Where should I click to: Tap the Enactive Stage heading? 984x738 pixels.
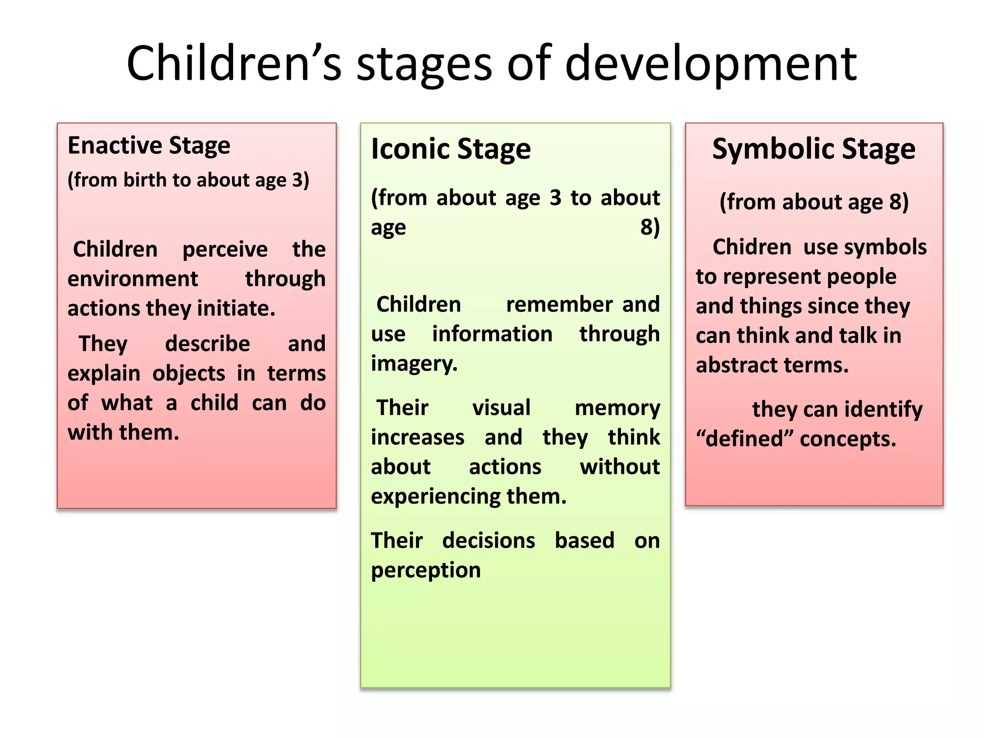tap(149, 146)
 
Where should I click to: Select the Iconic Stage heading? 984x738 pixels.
tap(451, 149)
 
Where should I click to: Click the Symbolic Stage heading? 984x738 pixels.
tap(813, 149)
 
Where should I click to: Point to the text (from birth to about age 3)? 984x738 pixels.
tap(188, 180)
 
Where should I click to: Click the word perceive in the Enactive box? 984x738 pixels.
tap(225, 249)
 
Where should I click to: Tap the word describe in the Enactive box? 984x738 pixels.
tap(207, 344)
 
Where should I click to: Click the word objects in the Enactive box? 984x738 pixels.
tap(189, 374)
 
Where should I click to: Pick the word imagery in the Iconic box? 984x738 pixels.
tap(414, 364)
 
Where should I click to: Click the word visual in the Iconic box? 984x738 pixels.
tap(501, 408)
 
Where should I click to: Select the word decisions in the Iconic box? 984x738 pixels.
tap(488, 541)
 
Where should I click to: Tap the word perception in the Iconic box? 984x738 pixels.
tap(426, 570)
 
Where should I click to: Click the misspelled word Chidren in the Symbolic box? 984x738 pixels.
tap(751, 247)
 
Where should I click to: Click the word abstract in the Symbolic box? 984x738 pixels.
tap(736, 366)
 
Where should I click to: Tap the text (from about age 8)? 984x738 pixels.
tap(813, 202)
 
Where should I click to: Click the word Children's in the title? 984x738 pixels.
tap(234, 64)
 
